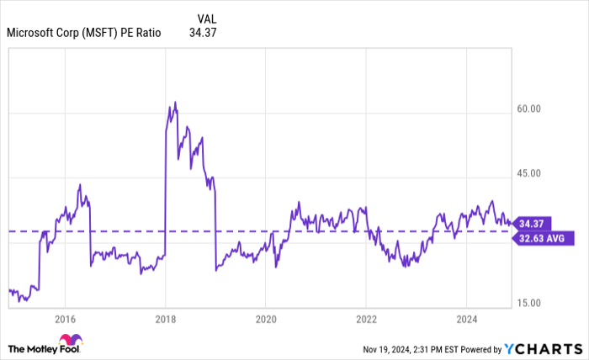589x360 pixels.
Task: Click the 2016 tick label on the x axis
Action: point(65,319)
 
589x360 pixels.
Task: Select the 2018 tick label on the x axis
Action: point(165,319)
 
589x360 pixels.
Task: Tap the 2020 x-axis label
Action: point(265,319)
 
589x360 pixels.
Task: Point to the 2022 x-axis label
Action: point(366,319)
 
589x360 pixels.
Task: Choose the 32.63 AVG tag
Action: point(543,237)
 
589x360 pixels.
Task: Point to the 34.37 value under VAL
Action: point(204,34)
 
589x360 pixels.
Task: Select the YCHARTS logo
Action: point(543,348)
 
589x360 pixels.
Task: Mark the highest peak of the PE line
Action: point(175,102)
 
